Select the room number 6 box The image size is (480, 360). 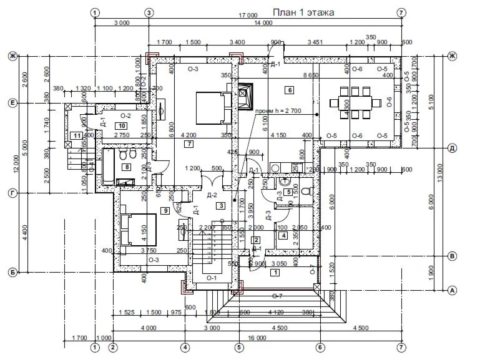tap(289, 90)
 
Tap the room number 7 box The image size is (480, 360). tap(189, 144)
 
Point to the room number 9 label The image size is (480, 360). tap(165, 211)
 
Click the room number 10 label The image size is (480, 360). tap(121, 125)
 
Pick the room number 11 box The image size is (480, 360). tap(76, 135)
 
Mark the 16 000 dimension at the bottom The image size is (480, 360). tap(257, 338)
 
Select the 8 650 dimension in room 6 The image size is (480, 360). tap(311, 75)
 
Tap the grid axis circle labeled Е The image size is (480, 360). tap(11, 102)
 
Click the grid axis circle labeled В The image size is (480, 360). tap(453, 256)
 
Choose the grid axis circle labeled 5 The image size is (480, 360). tap(238, 347)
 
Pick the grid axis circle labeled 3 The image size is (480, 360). tap(149, 12)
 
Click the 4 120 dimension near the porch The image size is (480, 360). tap(276, 312)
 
